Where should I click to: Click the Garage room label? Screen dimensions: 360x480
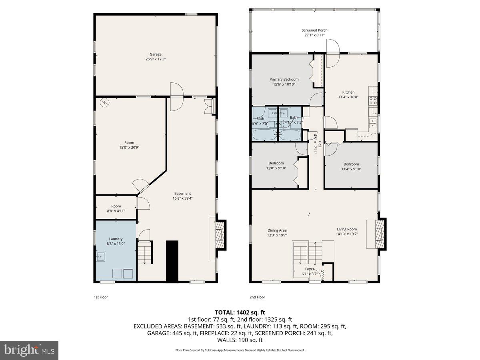156,54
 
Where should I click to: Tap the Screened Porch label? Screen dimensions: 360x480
314,30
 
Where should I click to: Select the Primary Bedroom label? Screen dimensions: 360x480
284,80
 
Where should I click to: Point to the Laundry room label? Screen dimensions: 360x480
116,239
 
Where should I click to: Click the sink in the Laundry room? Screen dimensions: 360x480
100,256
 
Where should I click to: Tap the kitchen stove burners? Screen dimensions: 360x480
373,100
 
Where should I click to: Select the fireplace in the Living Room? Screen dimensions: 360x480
380,234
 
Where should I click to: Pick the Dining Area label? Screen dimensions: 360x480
277,230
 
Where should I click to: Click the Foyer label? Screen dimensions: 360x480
310,269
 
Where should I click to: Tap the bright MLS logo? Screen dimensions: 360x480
29,350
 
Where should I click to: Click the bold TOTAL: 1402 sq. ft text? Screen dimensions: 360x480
240,312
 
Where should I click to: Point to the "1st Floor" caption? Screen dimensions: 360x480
101,297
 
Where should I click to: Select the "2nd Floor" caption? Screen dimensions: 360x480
258,297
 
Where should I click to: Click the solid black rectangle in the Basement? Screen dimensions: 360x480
172,261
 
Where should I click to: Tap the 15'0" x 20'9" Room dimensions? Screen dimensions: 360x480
129,148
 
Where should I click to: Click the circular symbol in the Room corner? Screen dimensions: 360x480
104,103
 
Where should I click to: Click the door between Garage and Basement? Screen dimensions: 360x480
176,96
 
